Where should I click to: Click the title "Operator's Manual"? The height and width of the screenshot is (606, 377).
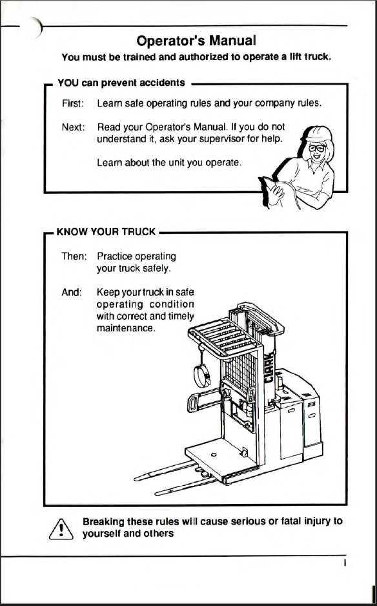click(196, 41)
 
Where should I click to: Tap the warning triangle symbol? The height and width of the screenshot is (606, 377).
click(61, 528)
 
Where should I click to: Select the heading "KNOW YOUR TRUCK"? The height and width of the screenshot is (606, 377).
click(106, 232)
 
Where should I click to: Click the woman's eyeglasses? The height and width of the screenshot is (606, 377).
click(317, 149)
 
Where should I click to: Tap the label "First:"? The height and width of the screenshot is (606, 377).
click(72, 103)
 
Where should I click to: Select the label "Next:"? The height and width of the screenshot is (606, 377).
click(73, 127)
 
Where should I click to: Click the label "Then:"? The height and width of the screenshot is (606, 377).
click(74, 256)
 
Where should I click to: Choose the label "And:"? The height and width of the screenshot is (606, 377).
click(72, 293)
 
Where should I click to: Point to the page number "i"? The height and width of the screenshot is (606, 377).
click(344, 563)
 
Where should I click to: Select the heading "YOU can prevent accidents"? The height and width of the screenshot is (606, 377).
click(121, 83)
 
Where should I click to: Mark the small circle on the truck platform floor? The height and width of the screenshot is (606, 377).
click(214, 455)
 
